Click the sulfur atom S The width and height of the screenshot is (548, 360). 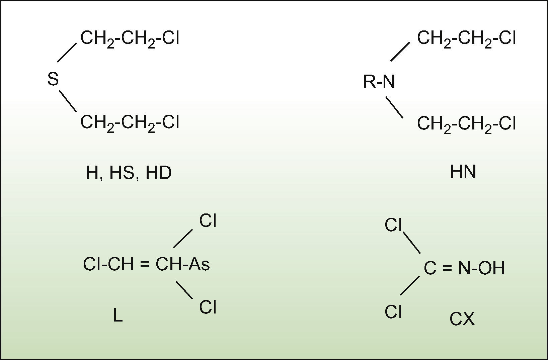coord(53,79)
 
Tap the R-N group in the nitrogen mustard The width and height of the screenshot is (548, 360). coord(379,82)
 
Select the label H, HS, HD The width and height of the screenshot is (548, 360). coord(129,173)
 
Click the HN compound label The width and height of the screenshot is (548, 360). coord(463,172)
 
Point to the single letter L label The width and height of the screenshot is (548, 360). coord(118,315)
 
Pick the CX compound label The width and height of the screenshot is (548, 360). coord(462,319)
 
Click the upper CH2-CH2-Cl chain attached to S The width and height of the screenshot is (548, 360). coord(130,38)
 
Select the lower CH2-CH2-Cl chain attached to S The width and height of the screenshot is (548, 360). coord(130,122)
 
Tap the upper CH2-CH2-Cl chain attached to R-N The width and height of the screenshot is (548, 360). coord(466,38)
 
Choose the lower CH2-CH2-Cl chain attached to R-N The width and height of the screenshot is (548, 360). coord(466,124)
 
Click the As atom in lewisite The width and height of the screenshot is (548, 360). coord(199,264)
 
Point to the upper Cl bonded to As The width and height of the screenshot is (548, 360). coord(208,221)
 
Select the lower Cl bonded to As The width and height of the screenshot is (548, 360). coord(208,307)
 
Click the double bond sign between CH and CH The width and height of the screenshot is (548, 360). coord(144,264)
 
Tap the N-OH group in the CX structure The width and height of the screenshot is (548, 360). coord(481,268)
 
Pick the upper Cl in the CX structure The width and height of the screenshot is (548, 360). coord(393,225)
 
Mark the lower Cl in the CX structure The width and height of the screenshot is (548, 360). coord(393,312)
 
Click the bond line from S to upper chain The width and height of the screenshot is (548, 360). coord(67,53)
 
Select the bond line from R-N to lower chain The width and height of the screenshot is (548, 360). coord(394,107)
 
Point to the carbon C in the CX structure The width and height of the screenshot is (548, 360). coord(430,268)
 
